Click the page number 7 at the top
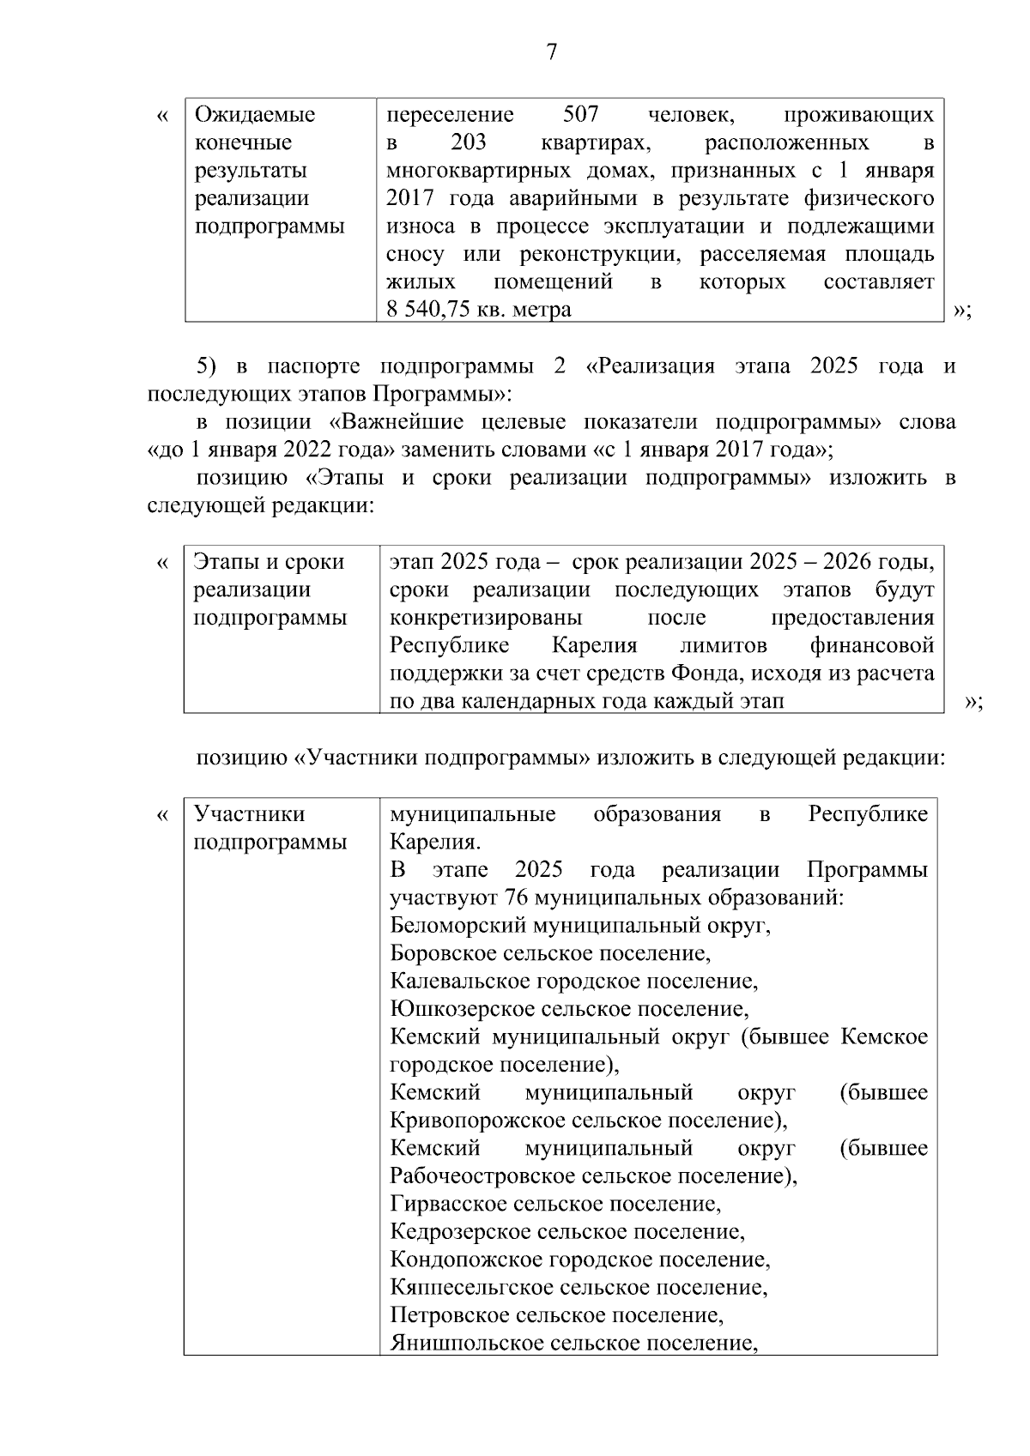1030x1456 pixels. pyautogui.click(x=551, y=53)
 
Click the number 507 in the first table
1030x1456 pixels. pyautogui.click(x=580, y=115)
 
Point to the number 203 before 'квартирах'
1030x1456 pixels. pyautogui.click(x=468, y=142)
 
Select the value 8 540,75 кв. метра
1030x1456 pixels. pyautogui.click(x=479, y=310)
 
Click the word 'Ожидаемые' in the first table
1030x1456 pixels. pyautogui.click(x=255, y=115)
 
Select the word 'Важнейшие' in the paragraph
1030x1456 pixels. pyautogui.click(x=397, y=422)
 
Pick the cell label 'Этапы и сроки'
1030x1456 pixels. pyautogui.click(x=269, y=562)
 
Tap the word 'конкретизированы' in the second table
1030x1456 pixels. pyautogui.click(x=486, y=618)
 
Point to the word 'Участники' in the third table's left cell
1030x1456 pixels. pyautogui.click(x=249, y=813)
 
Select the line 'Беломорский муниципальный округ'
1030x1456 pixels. pyautogui.click(x=579, y=926)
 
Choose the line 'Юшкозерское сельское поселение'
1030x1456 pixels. pyautogui.click(x=569, y=1009)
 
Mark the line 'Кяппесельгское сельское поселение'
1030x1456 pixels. pyautogui.click(x=579, y=1287)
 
